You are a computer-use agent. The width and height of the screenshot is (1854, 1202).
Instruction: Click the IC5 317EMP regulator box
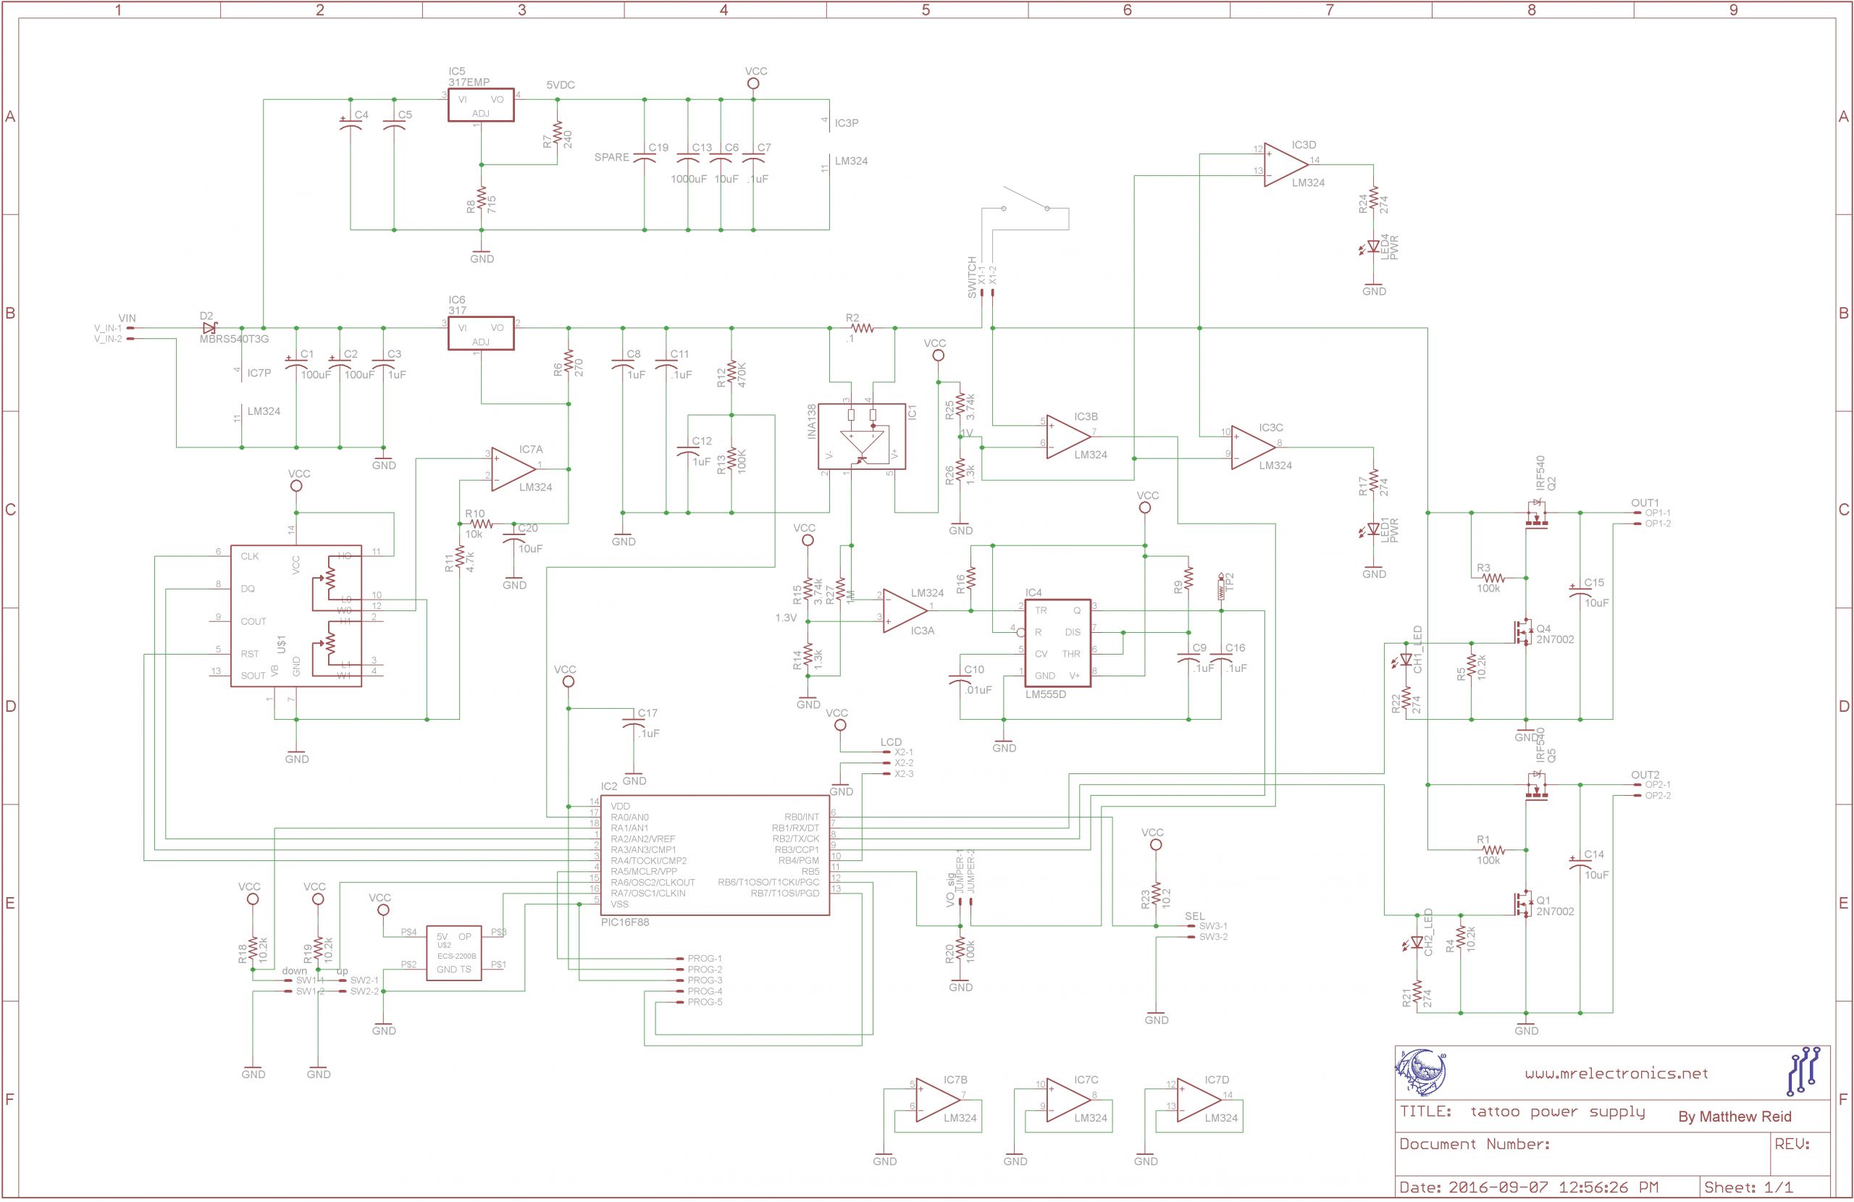click(481, 105)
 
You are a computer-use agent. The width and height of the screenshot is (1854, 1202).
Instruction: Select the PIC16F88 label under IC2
click(625, 922)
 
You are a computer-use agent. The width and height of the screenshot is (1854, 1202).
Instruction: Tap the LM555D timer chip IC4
click(1057, 643)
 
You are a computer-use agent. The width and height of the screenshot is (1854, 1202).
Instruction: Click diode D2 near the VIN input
click(210, 328)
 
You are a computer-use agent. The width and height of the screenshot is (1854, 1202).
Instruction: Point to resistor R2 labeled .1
click(863, 328)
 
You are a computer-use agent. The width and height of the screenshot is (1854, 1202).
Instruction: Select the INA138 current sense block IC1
click(862, 436)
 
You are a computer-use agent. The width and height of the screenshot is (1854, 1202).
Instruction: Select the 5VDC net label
click(560, 85)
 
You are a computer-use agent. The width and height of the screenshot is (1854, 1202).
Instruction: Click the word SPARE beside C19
click(611, 157)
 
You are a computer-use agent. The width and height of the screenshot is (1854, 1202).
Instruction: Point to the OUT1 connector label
click(1645, 503)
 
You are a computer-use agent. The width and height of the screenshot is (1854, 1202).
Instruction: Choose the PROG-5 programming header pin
click(703, 1002)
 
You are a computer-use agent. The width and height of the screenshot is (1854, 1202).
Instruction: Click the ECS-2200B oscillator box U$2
click(453, 952)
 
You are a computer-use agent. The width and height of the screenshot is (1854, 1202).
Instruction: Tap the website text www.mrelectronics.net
click(1616, 1073)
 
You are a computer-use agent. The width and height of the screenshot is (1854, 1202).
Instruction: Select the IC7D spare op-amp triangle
click(1197, 1100)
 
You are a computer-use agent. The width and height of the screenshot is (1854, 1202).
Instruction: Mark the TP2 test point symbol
click(1221, 587)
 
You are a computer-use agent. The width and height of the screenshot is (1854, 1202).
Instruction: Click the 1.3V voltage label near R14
click(785, 618)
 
